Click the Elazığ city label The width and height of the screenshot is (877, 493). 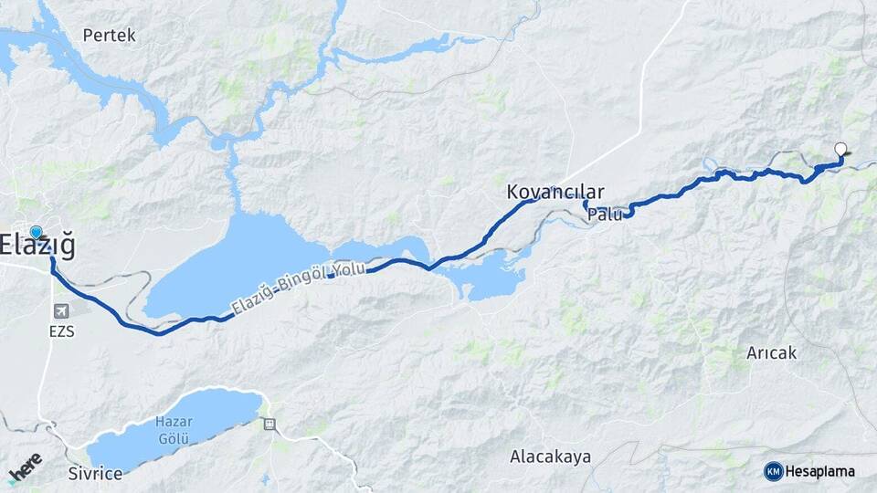point(38,246)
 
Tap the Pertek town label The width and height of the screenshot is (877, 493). point(109,36)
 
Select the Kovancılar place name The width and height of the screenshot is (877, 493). point(555,193)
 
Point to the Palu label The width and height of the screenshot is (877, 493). point(606,215)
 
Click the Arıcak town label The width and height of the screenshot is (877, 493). point(771,352)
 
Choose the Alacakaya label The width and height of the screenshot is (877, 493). point(550,456)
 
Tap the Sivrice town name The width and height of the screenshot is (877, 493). point(95,475)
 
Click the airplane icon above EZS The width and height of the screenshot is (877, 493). point(61,312)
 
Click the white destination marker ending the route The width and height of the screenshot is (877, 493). point(840,150)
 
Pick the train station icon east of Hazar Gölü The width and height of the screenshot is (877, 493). point(269,424)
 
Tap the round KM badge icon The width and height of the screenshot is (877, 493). point(773,471)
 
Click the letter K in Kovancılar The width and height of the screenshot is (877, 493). point(513,193)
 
